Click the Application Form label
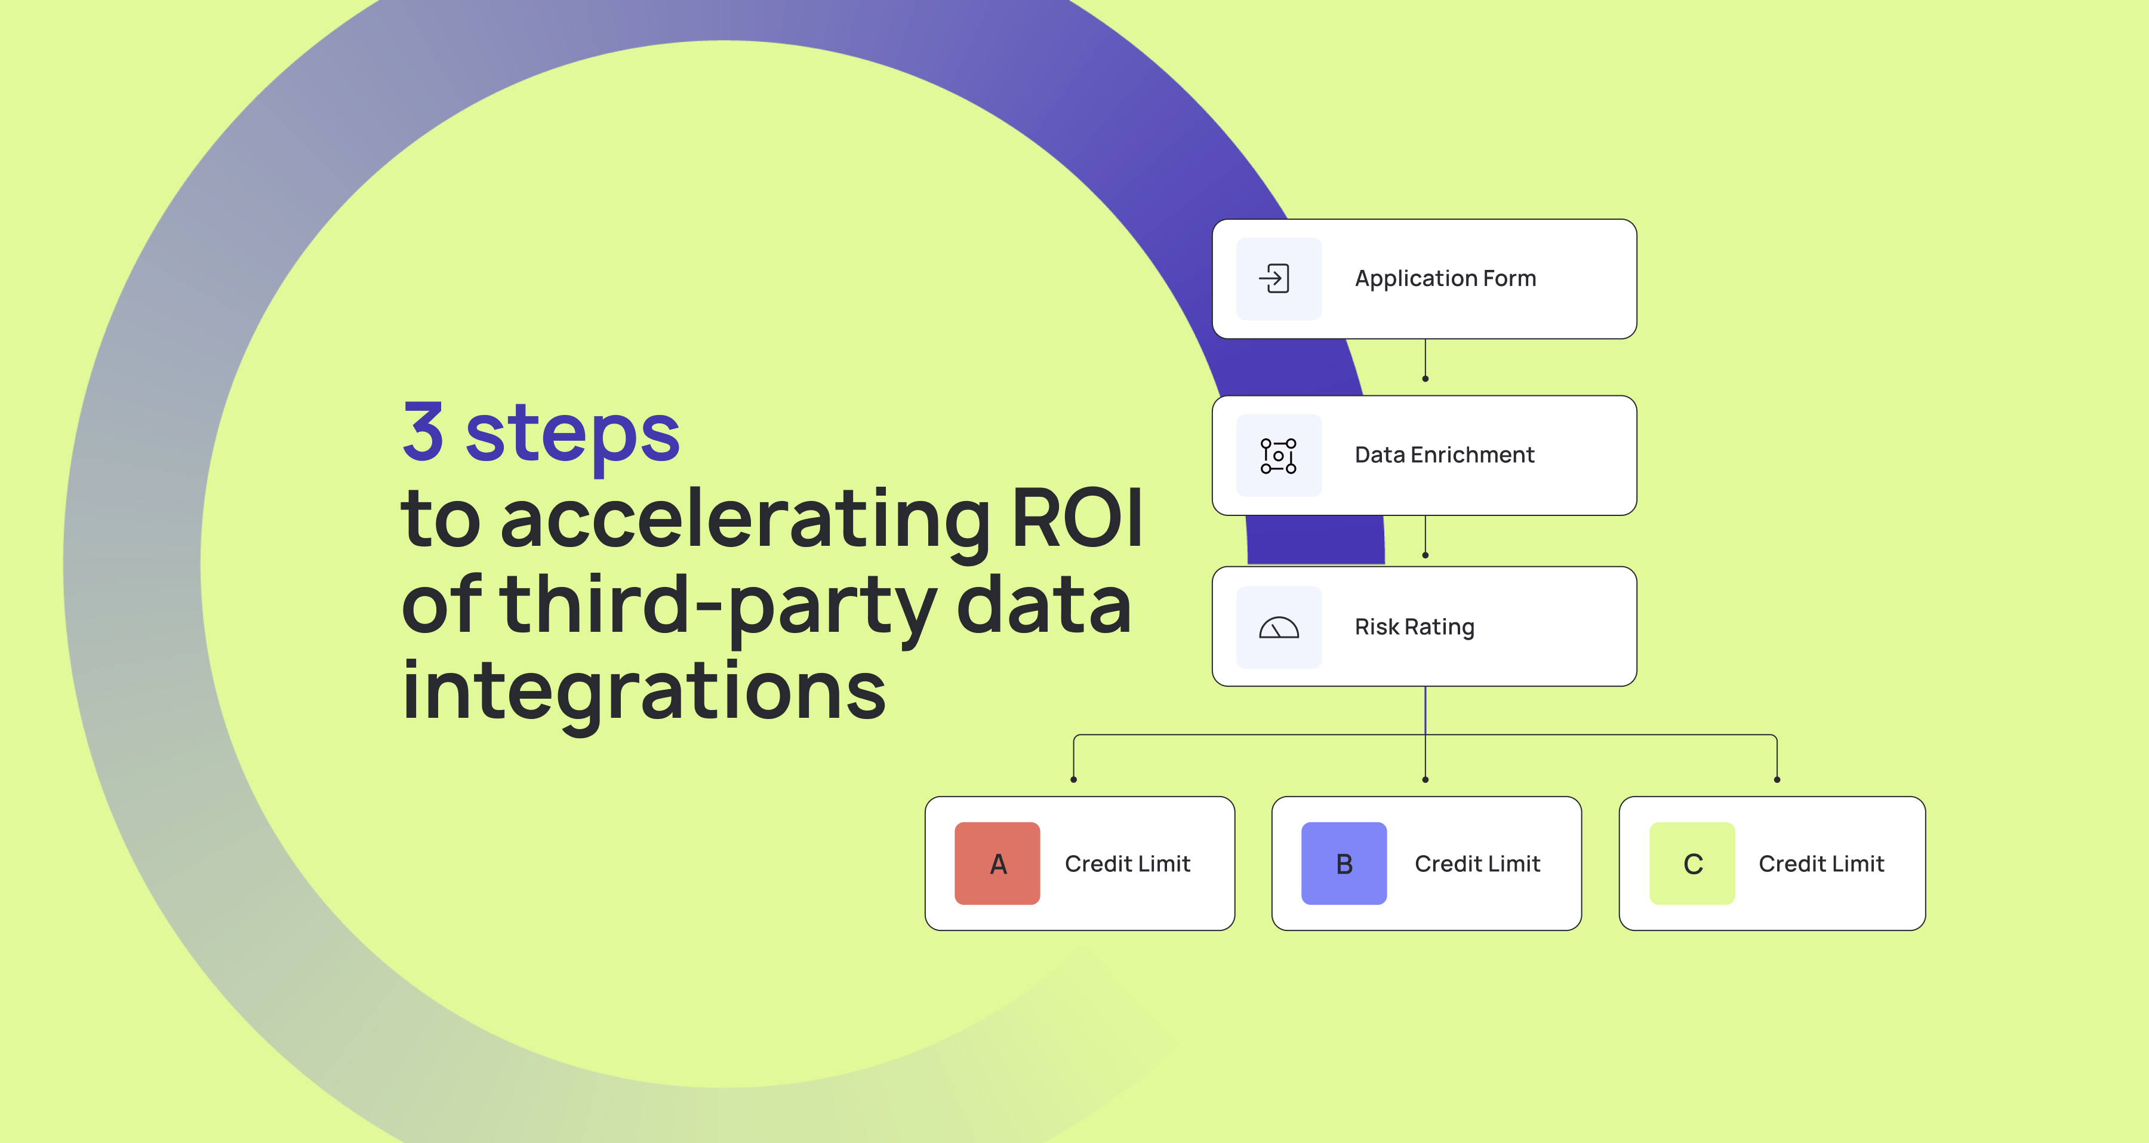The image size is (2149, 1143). click(1445, 279)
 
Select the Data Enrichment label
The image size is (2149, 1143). click(1444, 454)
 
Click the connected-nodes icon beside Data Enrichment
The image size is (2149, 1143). click(1278, 456)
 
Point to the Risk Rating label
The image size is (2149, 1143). click(1414, 626)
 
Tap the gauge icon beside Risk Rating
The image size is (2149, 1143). click(1278, 628)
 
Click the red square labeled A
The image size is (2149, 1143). click(997, 864)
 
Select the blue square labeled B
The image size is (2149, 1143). click(1344, 864)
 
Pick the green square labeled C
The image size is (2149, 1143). click(1692, 864)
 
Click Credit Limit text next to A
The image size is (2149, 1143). click(1127, 864)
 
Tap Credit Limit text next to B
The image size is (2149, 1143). click(1477, 864)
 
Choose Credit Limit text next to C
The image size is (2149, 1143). click(1821, 864)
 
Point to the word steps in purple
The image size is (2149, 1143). click(572, 434)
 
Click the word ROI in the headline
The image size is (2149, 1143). click(1076, 519)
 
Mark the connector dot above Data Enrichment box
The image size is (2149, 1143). click(1425, 379)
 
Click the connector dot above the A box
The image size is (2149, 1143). click(1074, 779)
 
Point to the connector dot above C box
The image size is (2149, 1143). click(1777, 779)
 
